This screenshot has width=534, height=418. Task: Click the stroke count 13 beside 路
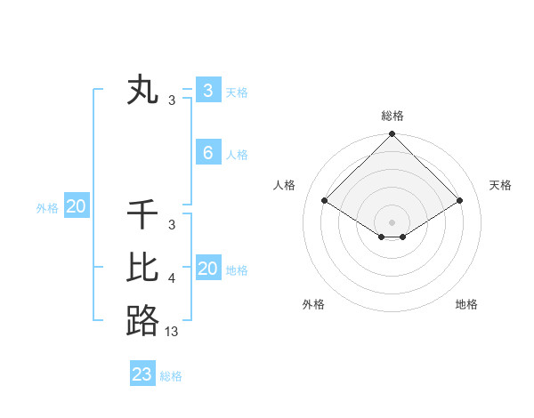[172, 331]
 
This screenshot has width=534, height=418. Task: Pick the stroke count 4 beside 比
[172, 278]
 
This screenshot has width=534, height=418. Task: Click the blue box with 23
[142, 374]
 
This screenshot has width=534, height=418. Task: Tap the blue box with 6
[207, 152]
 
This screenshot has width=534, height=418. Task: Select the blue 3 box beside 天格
[207, 90]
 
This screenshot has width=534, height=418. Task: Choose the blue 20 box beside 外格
[77, 207]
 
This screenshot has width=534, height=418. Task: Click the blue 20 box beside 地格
[207, 269]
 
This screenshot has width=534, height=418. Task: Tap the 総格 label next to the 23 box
[171, 376]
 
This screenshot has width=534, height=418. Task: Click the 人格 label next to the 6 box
[237, 155]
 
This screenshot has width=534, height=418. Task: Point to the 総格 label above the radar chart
[392, 116]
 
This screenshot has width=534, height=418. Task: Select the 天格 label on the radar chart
[501, 185]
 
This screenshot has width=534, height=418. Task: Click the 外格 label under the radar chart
[313, 304]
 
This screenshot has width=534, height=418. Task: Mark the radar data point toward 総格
[392, 135]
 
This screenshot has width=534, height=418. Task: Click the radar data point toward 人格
[325, 200]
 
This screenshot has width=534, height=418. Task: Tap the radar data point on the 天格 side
[460, 200]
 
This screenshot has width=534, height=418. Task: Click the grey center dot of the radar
[392, 222]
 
